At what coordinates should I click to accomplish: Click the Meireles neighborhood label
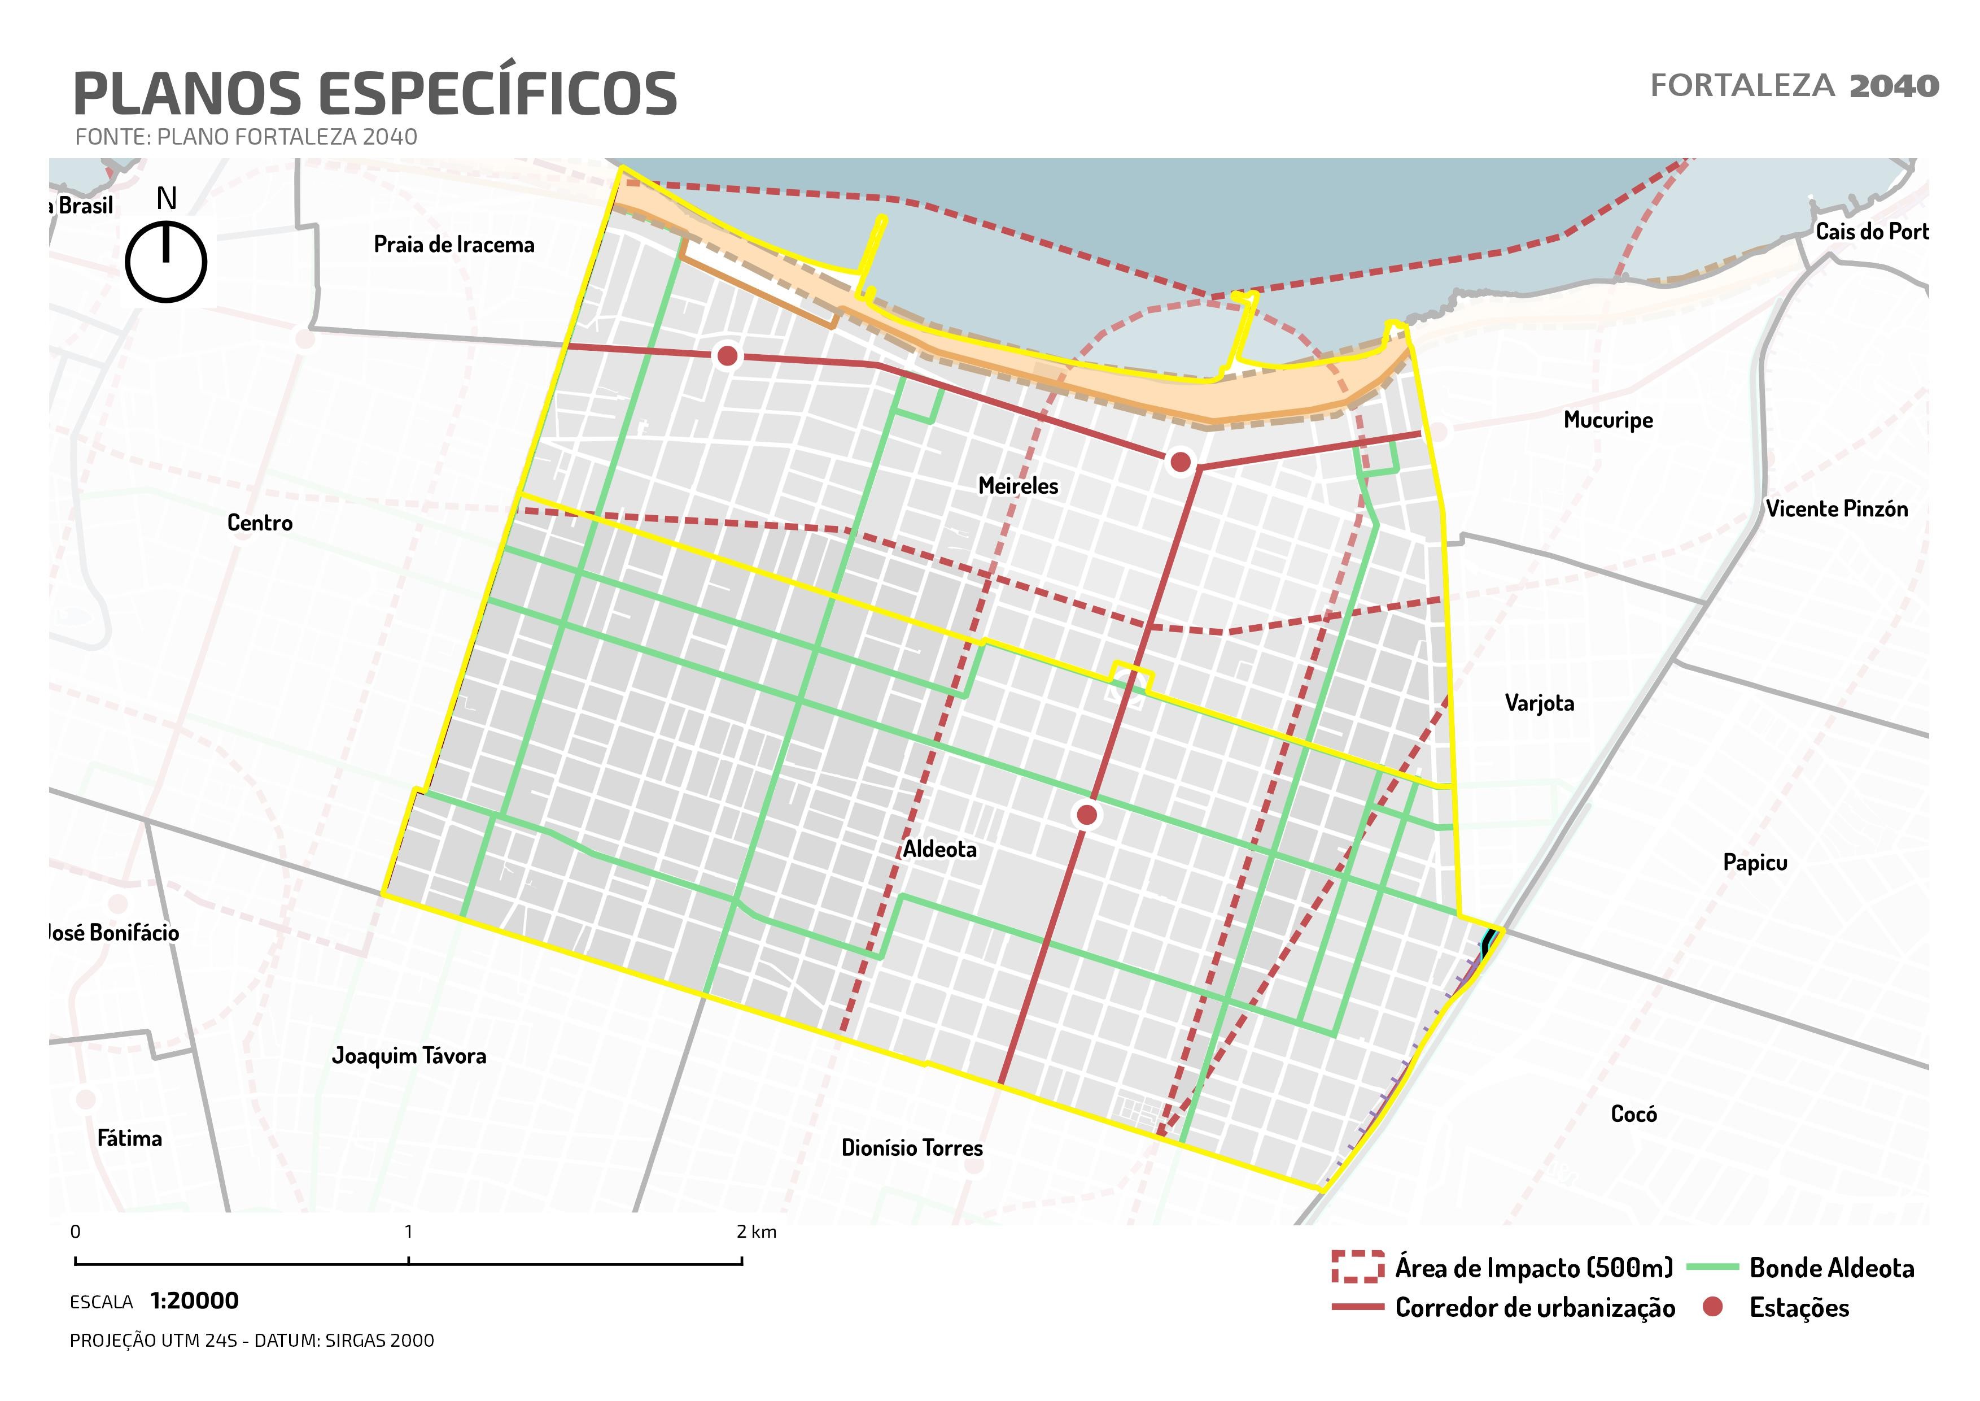pyautogui.click(x=1017, y=486)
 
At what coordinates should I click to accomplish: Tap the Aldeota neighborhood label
pyautogui.click(x=940, y=850)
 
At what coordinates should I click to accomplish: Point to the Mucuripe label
pyautogui.click(x=1609, y=420)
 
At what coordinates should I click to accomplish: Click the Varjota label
pyautogui.click(x=1539, y=703)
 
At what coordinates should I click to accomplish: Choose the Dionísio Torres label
pyautogui.click(x=912, y=1148)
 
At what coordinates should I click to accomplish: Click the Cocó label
pyautogui.click(x=1633, y=1115)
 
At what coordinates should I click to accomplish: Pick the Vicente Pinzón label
pyautogui.click(x=1836, y=509)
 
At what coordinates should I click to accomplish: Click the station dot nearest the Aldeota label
pyautogui.click(x=1087, y=815)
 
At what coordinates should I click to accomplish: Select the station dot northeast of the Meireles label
pyautogui.click(x=1180, y=462)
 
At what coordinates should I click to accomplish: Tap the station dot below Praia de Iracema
pyautogui.click(x=727, y=355)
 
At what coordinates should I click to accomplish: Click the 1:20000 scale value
pyautogui.click(x=194, y=1301)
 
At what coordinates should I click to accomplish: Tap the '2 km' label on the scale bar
pyautogui.click(x=757, y=1232)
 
